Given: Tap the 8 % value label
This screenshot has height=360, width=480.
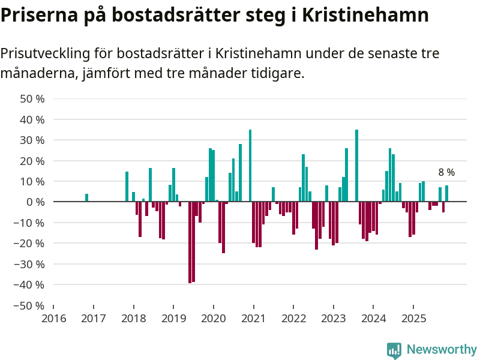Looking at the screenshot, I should point(446,173).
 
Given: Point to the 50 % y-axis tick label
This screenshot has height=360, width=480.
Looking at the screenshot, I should point(32,99).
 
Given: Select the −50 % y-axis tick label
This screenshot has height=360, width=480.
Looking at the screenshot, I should point(30,305).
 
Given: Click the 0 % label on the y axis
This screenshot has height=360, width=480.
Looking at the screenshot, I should point(35,202).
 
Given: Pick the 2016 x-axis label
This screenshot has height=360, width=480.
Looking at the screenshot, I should point(53,317).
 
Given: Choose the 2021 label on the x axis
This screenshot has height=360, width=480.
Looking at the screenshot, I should point(253,317).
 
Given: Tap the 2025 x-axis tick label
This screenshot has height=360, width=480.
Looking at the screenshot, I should point(413,317).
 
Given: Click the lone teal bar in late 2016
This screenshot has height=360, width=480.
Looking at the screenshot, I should point(87,198).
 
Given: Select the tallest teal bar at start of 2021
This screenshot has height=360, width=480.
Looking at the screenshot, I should point(250,166).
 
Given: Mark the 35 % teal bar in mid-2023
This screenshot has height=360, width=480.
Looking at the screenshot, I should point(356,166).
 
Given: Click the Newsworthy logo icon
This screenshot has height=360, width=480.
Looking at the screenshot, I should point(394,350).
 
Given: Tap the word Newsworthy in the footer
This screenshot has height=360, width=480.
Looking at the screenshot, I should point(442,350).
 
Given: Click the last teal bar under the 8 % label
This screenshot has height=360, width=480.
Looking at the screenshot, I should point(446,194).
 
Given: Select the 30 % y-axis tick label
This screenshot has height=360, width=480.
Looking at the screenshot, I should point(32,140).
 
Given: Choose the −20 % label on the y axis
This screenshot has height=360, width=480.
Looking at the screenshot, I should point(30,244).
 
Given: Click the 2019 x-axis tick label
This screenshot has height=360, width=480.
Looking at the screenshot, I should point(173,317).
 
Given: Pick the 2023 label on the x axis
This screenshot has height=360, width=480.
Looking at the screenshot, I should point(333,317).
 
